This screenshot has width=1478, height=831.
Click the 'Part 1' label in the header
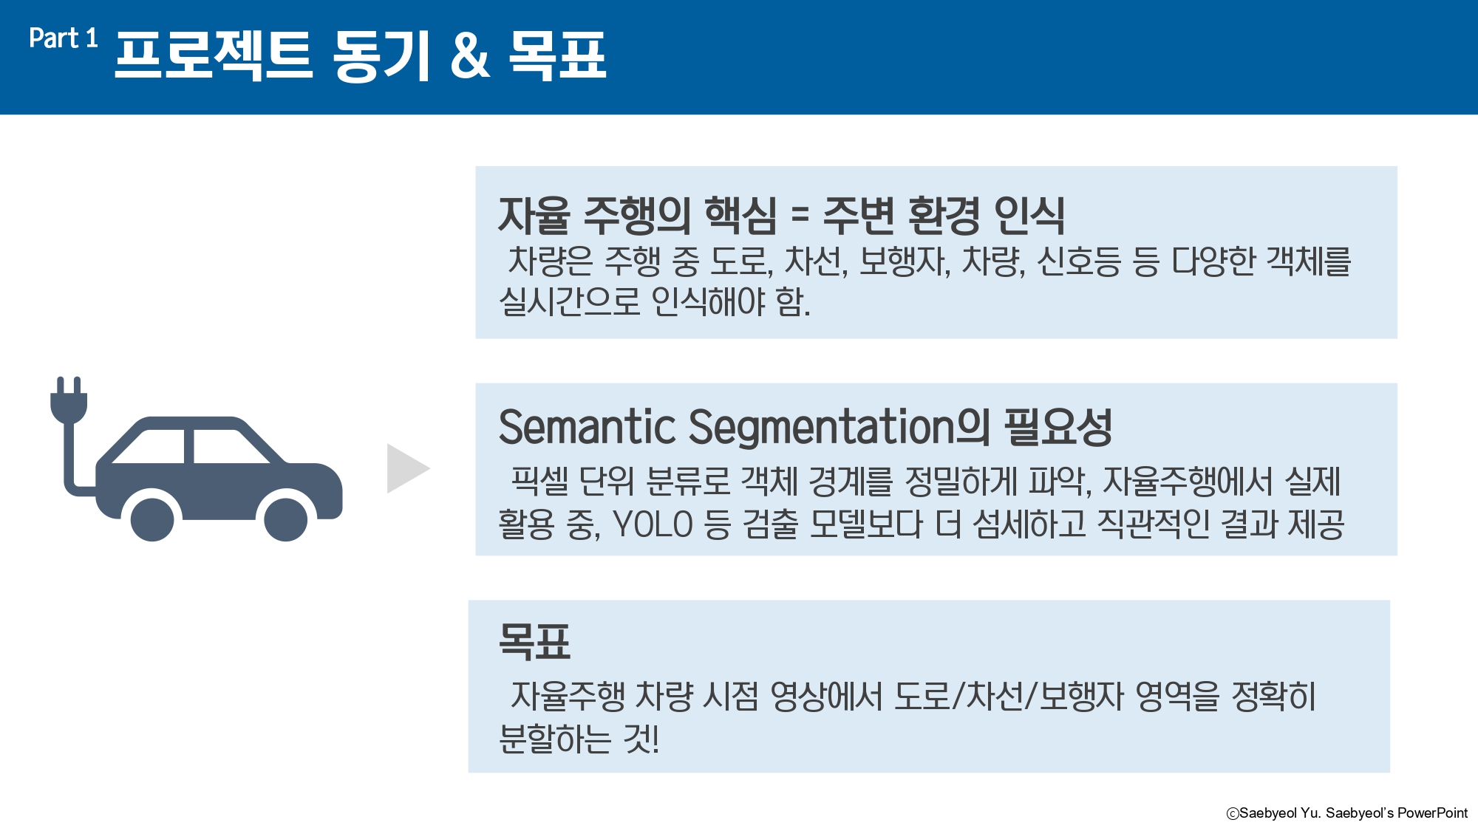pos(64,38)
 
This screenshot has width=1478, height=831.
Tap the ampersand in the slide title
pos(471,55)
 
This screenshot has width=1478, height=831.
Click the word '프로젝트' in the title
pos(214,55)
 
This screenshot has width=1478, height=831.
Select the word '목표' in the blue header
pos(558,55)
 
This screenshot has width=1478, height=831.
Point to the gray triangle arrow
pos(406,468)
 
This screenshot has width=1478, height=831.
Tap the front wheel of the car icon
pos(286,519)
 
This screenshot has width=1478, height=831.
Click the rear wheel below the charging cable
pos(152,519)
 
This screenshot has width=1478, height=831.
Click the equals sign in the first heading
pos(800,215)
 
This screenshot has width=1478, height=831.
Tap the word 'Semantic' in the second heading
pos(588,428)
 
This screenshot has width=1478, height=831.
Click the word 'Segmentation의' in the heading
pos(840,428)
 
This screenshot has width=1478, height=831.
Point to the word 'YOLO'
pos(653,524)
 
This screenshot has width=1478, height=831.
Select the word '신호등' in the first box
pos(1078,261)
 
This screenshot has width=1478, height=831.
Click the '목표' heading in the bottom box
pos(534,641)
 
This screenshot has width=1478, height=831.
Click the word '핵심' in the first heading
pos(740,215)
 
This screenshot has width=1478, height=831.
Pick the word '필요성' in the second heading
pos(1058,428)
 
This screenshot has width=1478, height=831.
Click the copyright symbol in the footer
pos(1232,813)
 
